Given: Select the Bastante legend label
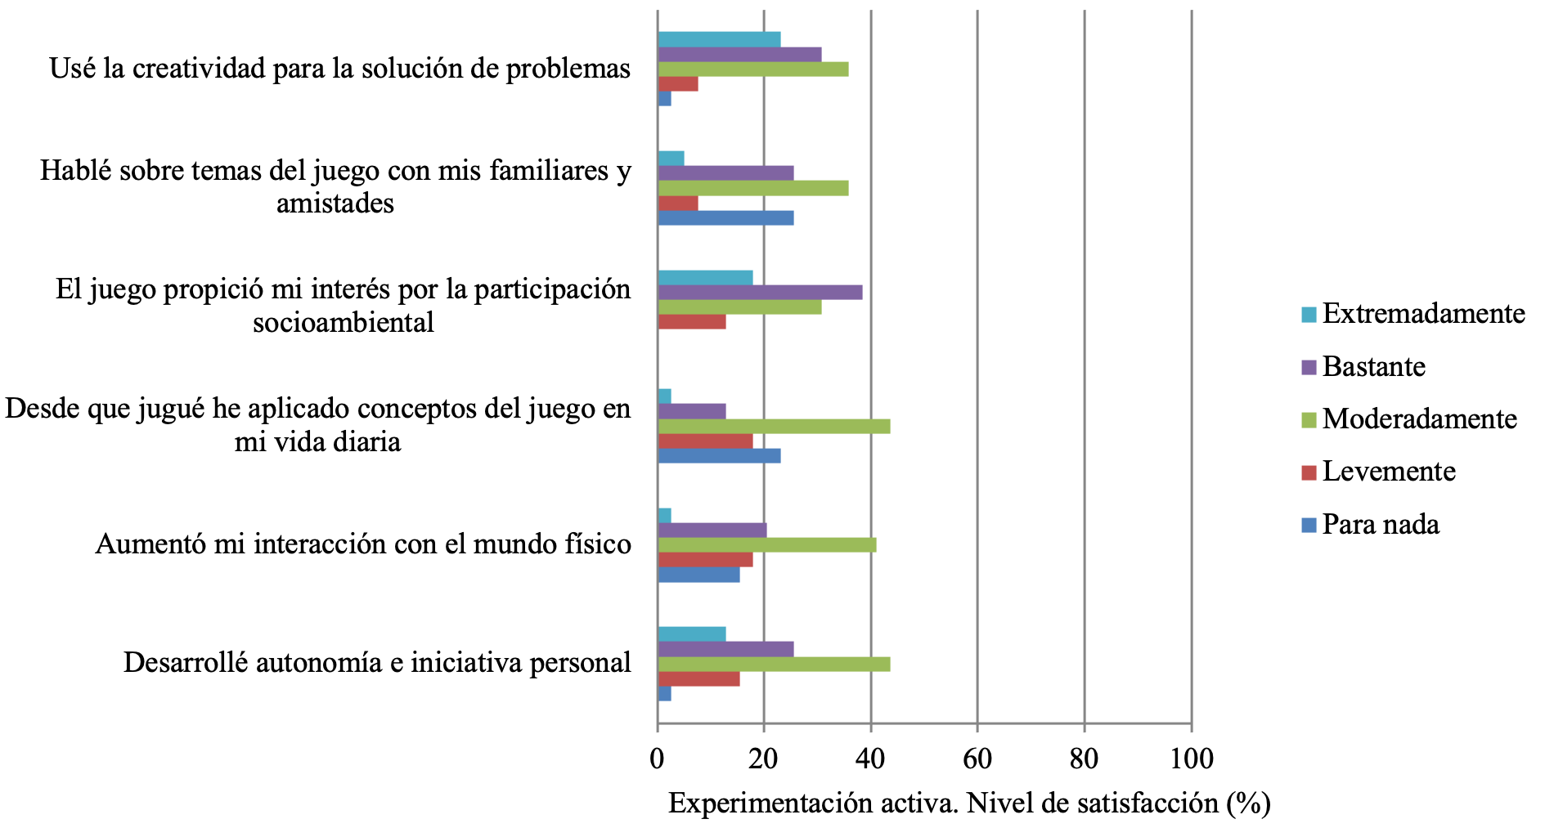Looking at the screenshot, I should pos(1373,367).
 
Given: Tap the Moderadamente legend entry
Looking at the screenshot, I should pos(1419,419).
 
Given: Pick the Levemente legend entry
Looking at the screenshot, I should pos(1389,472).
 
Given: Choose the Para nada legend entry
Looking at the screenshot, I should pos(1381,525).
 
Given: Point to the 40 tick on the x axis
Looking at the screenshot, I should pos(870,759).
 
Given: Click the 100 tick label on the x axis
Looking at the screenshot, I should pos(1192,759).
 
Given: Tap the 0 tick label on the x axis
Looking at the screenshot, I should pos(658,759).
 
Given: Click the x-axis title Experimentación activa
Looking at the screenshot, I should pos(969,803).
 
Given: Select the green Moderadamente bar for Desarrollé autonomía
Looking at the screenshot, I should pos(774,665).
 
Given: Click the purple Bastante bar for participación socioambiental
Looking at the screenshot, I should pos(760,293).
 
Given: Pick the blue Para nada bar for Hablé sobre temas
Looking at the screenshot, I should pos(725,218).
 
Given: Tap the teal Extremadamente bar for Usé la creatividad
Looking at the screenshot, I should pos(719,39).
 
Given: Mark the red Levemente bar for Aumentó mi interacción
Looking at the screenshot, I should pos(705,560).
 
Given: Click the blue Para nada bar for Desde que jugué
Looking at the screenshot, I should pos(719,456).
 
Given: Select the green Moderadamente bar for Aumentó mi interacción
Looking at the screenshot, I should pos(766,545).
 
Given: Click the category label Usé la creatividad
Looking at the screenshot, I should pos(339,69).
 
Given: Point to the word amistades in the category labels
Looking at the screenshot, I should pos(335,204).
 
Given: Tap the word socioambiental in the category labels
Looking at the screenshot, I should pos(344,323).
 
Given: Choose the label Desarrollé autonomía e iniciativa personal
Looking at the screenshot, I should pos(377,663).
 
